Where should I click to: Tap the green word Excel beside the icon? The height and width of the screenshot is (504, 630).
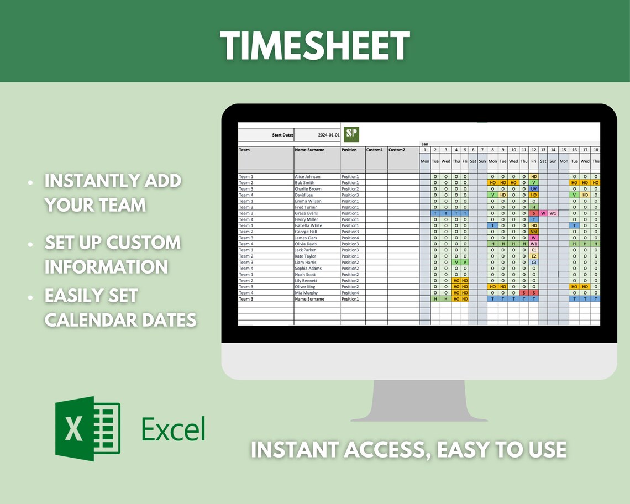click(x=173, y=429)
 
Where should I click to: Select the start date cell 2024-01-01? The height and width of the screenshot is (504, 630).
click(x=329, y=135)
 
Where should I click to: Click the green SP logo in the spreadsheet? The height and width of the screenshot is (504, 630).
click(x=351, y=134)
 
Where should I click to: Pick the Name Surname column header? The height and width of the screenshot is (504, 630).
click(x=309, y=150)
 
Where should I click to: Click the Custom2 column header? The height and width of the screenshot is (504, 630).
click(x=396, y=150)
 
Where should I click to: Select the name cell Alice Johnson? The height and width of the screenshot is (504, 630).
click(x=307, y=177)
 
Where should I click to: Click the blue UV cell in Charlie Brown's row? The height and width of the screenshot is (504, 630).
click(x=534, y=189)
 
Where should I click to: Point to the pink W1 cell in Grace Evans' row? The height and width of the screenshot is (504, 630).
click(x=553, y=213)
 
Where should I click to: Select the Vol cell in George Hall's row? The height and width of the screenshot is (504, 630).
click(x=534, y=232)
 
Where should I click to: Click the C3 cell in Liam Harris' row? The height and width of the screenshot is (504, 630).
click(x=534, y=262)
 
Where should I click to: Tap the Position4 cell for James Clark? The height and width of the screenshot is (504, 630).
click(x=350, y=238)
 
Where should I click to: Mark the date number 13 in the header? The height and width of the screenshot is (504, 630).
click(x=543, y=150)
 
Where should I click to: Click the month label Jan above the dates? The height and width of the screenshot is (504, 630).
click(x=424, y=144)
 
